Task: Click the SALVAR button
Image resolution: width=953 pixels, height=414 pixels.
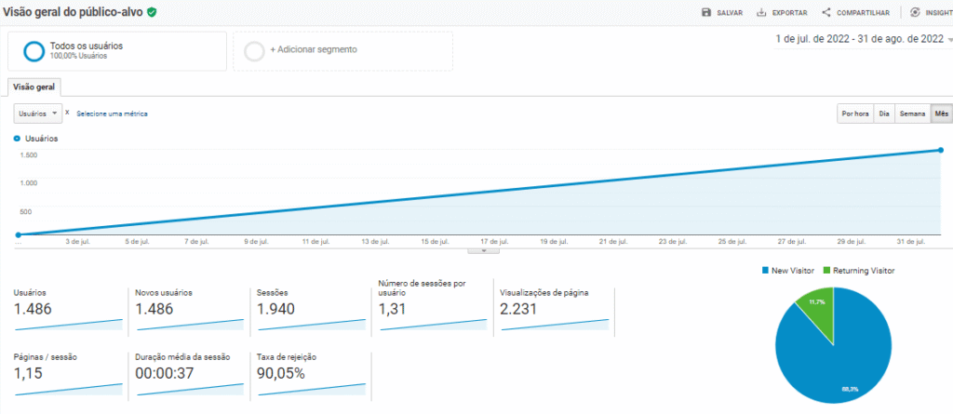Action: pyautogui.click(x=722, y=12)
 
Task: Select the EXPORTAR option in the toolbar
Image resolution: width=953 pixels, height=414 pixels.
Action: pyautogui.click(x=782, y=12)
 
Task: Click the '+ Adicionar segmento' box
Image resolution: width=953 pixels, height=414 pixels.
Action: pyautogui.click(x=348, y=50)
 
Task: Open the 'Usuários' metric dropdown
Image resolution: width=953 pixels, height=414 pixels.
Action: pyautogui.click(x=38, y=113)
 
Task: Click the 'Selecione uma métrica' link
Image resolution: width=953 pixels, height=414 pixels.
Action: pyautogui.click(x=112, y=114)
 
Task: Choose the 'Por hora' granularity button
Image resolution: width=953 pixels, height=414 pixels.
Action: pyautogui.click(x=854, y=114)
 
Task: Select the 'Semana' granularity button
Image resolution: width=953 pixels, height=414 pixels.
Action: pyautogui.click(x=912, y=114)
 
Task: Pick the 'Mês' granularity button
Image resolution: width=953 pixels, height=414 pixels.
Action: pyautogui.click(x=942, y=114)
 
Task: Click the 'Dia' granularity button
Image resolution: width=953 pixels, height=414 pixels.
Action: pyautogui.click(x=884, y=114)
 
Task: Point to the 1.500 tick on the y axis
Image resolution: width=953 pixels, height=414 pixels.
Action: pyautogui.click(x=27, y=154)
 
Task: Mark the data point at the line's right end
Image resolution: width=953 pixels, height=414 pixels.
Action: pyautogui.click(x=941, y=150)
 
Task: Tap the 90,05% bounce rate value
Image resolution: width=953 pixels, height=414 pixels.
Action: pyautogui.click(x=280, y=373)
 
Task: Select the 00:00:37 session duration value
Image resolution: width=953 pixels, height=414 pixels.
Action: pyautogui.click(x=164, y=373)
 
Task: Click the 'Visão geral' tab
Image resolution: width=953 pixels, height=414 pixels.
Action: pyautogui.click(x=34, y=87)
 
